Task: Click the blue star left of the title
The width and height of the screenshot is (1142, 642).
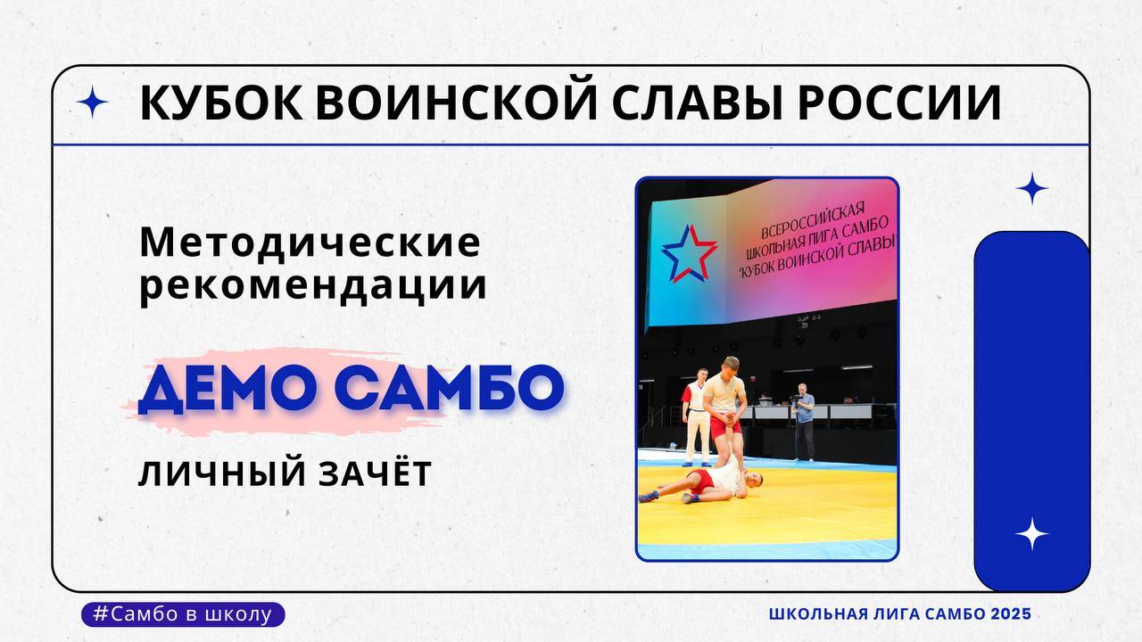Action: coord(93,103)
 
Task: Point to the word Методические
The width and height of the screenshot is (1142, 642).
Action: coord(310,243)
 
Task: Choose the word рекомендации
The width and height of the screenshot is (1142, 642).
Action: coord(313,286)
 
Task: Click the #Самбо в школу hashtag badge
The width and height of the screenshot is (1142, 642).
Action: coord(183,614)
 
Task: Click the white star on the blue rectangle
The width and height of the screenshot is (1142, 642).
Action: coord(1031,533)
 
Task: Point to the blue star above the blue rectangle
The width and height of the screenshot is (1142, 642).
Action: coord(1032,189)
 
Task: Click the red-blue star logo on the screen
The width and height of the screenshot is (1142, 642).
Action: coord(689,251)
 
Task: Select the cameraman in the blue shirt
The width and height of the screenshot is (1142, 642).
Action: coord(804,419)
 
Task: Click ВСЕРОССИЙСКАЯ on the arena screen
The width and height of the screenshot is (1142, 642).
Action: coord(809,218)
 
